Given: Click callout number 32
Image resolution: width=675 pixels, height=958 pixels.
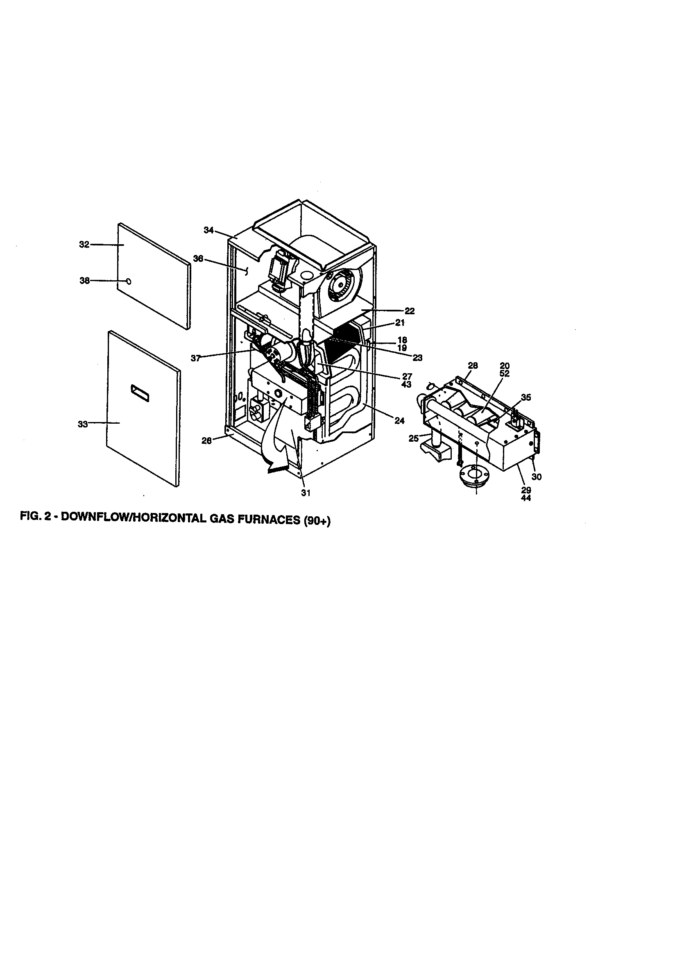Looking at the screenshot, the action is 84,245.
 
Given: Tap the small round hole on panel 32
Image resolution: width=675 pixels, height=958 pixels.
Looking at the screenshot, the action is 129,281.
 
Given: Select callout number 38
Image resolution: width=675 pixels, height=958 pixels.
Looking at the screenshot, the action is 85,281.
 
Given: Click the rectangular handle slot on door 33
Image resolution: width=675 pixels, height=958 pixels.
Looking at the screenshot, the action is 140,393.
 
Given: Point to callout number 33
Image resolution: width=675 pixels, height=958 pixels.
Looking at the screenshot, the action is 83,424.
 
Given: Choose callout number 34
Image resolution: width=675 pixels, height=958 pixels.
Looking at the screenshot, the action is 208,230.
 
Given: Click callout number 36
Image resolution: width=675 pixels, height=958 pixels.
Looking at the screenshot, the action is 198,259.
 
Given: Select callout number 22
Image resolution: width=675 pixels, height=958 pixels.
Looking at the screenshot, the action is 410,311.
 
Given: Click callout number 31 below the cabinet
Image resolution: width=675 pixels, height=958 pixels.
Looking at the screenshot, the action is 306,493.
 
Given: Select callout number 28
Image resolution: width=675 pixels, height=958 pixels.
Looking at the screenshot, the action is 473,365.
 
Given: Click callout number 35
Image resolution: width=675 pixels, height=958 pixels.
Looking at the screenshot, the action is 526,397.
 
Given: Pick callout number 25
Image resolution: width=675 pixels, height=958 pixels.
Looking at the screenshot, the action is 413,438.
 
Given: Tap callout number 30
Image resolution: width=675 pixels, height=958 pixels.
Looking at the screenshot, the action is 537,477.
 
